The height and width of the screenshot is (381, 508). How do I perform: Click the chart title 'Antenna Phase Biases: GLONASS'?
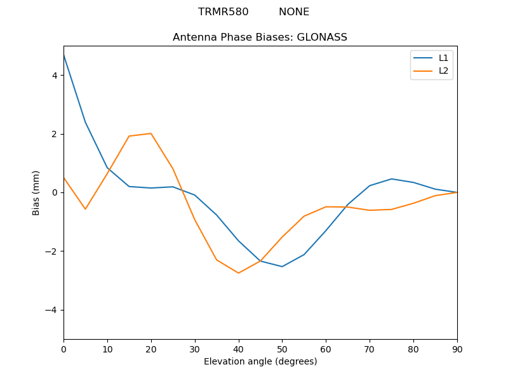click(x=260, y=37)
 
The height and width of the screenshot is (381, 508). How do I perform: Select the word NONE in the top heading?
click(x=294, y=12)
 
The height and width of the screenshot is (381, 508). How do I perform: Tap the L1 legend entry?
click(x=443, y=58)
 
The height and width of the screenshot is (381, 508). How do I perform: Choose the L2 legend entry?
click(x=443, y=70)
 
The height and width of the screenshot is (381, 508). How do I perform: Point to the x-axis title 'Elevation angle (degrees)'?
click(x=260, y=361)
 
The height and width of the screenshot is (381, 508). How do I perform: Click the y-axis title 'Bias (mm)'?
click(x=36, y=192)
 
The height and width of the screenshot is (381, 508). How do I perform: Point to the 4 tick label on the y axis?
click(x=55, y=76)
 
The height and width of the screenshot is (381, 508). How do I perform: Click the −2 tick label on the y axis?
click(x=51, y=251)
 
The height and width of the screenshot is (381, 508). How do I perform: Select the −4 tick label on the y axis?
click(x=51, y=310)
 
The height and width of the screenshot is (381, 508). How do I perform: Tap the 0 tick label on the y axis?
click(x=55, y=192)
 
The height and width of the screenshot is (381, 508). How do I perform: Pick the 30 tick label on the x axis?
click(x=195, y=349)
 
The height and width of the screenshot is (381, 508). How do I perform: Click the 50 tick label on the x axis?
click(x=282, y=349)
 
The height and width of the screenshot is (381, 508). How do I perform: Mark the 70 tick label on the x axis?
click(x=370, y=349)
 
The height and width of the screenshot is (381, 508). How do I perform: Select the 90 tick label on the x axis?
click(x=457, y=349)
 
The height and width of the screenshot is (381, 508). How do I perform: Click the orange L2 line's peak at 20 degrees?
click(x=151, y=133)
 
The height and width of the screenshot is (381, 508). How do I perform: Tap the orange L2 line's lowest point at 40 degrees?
click(x=238, y=273)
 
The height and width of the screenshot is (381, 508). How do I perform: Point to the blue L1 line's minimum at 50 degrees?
click(x=282, y=267)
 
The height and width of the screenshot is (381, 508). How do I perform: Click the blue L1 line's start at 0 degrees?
click(x=64, y=55)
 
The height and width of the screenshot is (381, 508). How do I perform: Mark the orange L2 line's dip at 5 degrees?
click(x=85, y=209)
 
